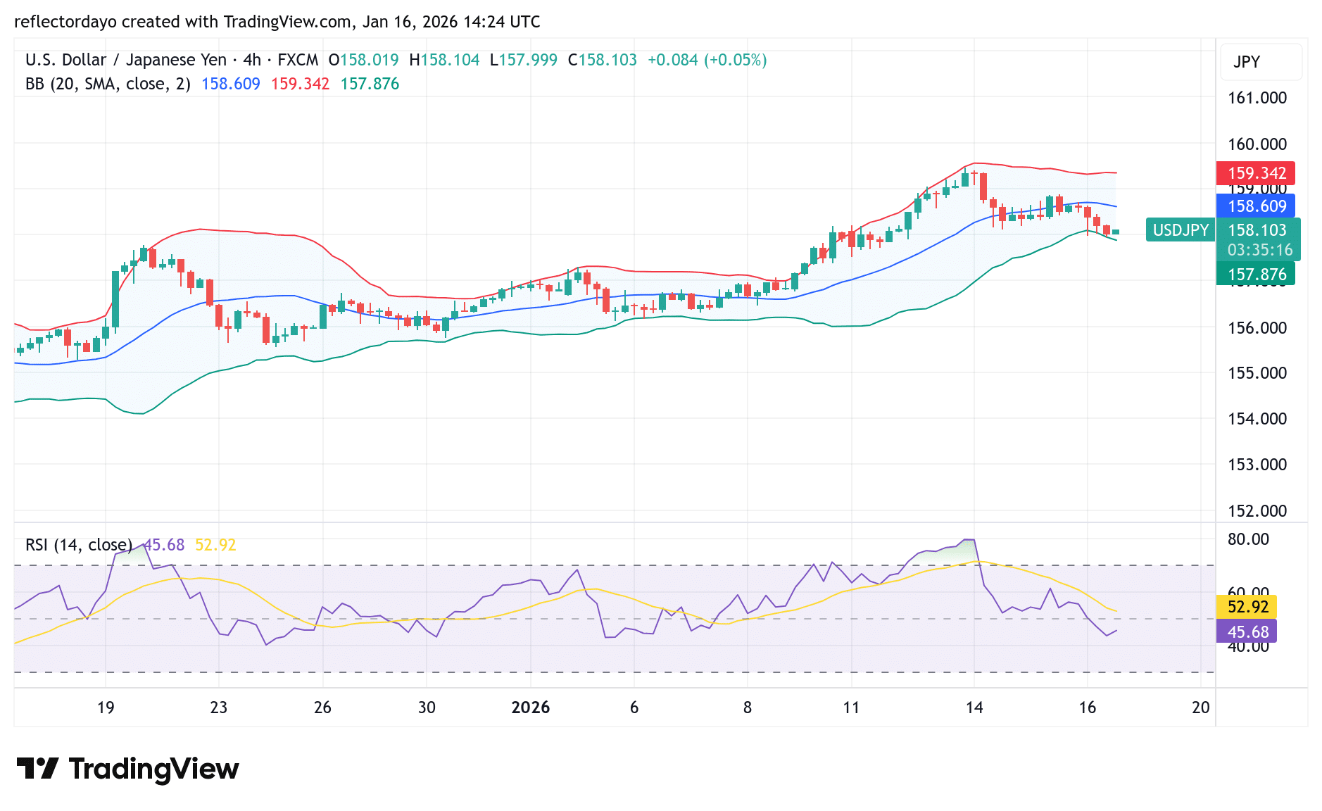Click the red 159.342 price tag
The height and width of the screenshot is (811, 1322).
coord(1256,173)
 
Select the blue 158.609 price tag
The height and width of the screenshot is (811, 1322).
coord(1256,206)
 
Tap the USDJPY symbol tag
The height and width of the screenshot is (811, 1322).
coord(1181,230)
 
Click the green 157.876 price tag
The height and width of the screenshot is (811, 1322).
coord(1256,275)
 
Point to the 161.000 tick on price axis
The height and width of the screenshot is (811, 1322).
coord(1257,98)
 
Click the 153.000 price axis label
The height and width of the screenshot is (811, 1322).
coord(1257,465)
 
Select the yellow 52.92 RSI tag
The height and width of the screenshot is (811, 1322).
coord(1247,607)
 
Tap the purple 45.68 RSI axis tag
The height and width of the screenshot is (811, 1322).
coord(1247,632)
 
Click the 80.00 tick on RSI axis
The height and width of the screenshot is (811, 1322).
coord(1248,539)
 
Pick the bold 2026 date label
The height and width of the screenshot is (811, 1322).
coord(530,708)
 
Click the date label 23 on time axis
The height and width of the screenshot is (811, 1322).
coord(218,708)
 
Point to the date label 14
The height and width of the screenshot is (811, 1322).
coord(974,708)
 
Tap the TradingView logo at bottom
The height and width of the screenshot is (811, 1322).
coord(128,769)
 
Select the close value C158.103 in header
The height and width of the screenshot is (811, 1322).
coord(603,60)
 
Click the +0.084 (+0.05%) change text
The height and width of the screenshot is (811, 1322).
coord(707,60)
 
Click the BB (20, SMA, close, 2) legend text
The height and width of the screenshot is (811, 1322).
coord(108,84)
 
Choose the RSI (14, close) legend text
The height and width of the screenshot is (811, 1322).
coord(79,545)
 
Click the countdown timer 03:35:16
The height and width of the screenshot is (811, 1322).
coord(1259,250)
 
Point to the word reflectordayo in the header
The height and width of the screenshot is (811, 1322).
coord(65,22)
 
